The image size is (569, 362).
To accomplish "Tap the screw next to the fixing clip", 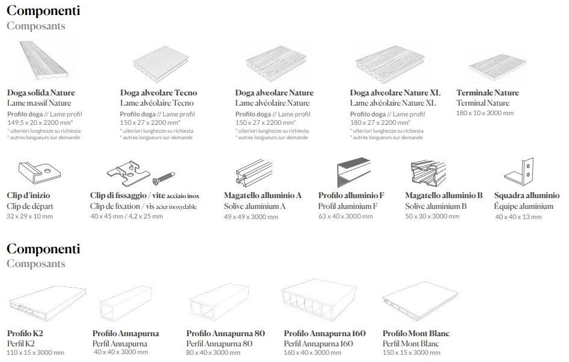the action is pos(164,178).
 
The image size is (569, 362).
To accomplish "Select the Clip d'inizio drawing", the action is pos(39,173).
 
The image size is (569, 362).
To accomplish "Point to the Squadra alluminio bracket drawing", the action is pos(519,172).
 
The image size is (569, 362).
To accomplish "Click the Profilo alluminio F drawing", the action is pos(354,173).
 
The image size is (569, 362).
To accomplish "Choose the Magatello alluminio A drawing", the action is pos(254,173).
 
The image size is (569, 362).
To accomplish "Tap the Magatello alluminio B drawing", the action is pos(428,173).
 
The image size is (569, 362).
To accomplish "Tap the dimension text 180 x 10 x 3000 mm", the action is pos(485,113).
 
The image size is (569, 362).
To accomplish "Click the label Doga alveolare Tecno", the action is pos(159,92).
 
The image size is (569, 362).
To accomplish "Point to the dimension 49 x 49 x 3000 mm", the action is pos(251,217).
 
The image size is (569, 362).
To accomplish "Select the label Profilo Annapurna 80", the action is pos(226,333).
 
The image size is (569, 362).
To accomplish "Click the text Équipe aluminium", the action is pos(524,207).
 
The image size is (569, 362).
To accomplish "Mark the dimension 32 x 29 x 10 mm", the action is pos(30,216).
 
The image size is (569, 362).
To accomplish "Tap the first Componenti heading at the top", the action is pos(43,11).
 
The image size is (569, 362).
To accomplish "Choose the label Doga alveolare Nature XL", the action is pos(395,92).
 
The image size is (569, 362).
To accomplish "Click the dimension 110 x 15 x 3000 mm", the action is pos(35,352).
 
